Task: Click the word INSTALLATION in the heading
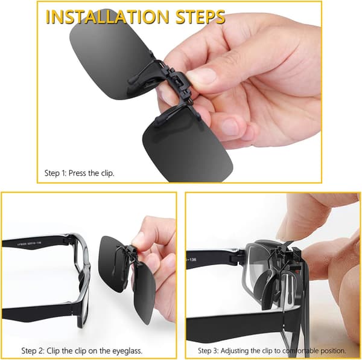(107, 17)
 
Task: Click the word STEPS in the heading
(200, 17)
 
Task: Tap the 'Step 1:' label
(56, 173)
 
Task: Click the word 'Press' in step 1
(77, 173)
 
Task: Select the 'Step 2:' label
(33, 351)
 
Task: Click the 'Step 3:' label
(208, 351)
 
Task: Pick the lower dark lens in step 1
(187, 148)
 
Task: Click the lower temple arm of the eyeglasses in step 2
(39, 312)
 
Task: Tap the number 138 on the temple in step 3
(192, 260)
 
